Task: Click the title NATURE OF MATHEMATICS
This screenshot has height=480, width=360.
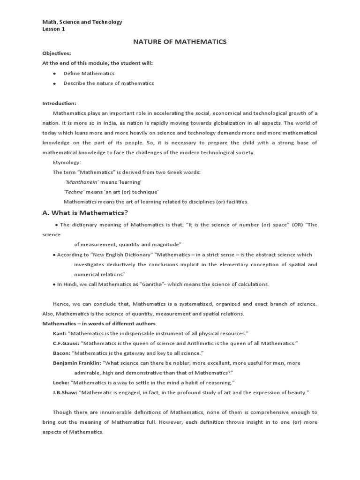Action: tap(180, 42)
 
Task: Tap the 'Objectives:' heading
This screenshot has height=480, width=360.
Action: tap(57, 53)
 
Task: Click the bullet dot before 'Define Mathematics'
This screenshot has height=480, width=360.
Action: tap(54, 74)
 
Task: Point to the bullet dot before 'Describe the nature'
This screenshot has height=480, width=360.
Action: tap(54, 83)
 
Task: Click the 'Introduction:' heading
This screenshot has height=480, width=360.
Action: tap(59, 103)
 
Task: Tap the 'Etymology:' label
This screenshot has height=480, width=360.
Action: tap(67, 162)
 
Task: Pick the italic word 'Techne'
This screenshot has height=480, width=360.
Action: tap(74, 192)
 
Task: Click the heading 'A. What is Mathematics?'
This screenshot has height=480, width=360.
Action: tap(85, 213)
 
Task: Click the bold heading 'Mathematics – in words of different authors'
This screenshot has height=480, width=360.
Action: tap(99, 323)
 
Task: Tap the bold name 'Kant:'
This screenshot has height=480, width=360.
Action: tap(60, 333)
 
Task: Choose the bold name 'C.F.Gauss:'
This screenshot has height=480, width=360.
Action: tap(66, 343)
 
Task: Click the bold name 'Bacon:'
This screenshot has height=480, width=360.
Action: tap(61, 353)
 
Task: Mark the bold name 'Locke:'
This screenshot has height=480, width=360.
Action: tap(61, 382)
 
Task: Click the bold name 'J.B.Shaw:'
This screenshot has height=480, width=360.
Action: tap(65, 392)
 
